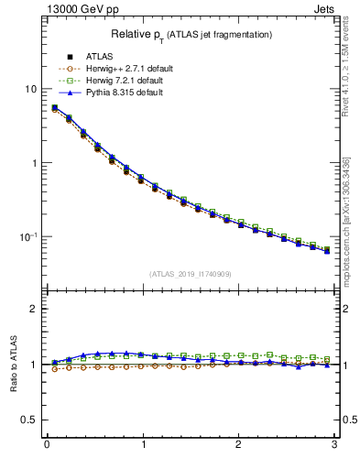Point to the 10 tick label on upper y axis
click(30, 89)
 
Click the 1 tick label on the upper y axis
click(34, 163)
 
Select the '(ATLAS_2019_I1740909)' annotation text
click(191, 274)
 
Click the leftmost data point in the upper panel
click(55, 108)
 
